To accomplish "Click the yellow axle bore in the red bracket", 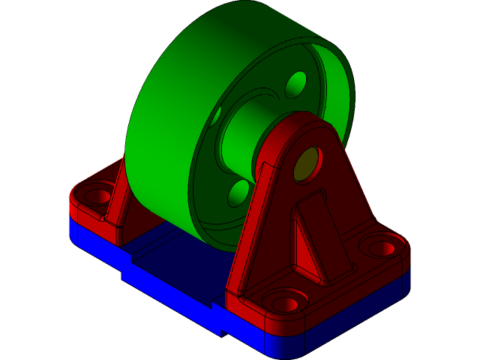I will (306, 165).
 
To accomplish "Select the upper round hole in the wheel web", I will (296, 84).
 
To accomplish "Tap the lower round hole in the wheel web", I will (238, 193).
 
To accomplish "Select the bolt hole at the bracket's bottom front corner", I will (286, 304).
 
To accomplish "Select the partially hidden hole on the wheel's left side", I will (217, 116).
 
